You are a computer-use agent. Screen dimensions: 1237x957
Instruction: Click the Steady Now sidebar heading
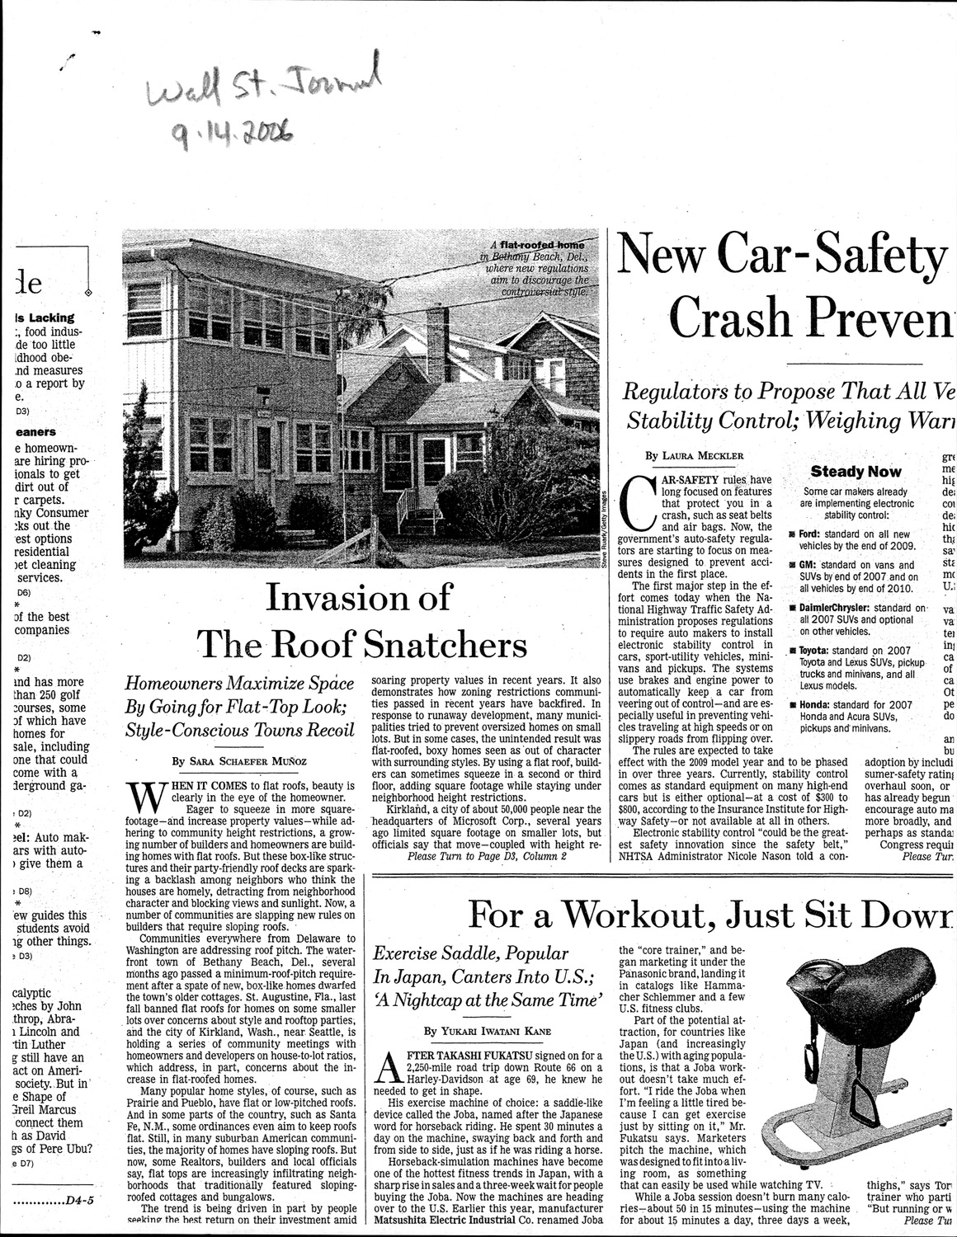[x=856, y=472]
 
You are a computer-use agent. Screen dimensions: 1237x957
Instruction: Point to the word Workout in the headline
[x=652, y=915]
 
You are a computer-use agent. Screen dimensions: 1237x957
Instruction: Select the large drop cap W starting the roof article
[x=145, y=798]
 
